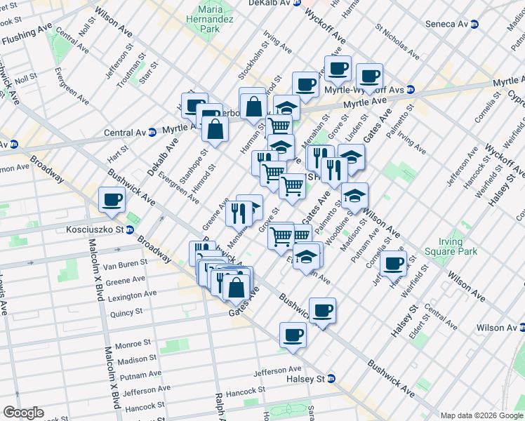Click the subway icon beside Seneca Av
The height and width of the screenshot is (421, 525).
(x=474, y=24)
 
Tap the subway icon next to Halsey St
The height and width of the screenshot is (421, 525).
(x=331, y=378)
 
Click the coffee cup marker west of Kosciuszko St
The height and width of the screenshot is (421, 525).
(x=112, y=200)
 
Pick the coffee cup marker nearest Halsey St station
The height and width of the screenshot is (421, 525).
(x=293, y=335)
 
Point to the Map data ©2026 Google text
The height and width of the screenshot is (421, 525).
(x=481, y=415)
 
